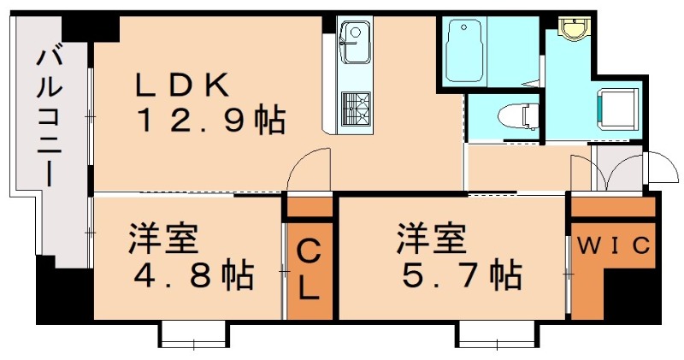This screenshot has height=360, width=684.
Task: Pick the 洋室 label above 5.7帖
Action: pyautogui.click(x=427, y=238)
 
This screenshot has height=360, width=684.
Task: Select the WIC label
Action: pyautogui.click(x=612, y=246)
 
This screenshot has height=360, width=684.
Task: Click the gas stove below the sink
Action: pyautogui.click(x=355, y=109)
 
